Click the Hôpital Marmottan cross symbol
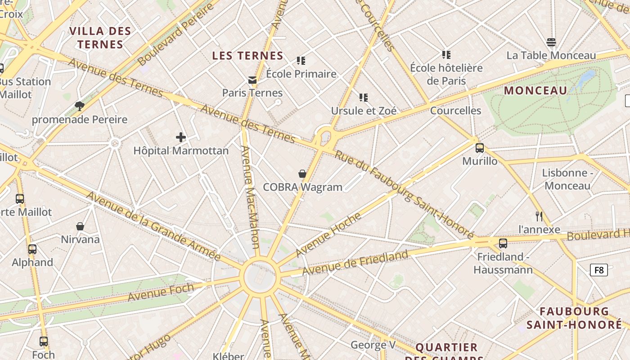[x=181, y=137]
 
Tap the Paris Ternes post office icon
[x=252, y=80]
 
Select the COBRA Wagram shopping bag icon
[x=302, y=174]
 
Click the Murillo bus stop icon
[x=480, y=148]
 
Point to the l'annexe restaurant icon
[x=539, y=216]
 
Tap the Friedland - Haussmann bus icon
[x=503, y=243]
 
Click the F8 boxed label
[x=599, y=270]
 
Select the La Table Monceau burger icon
[x=551, y=43]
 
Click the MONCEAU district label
[x=535, y=90]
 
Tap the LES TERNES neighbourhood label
[x=247, y=56]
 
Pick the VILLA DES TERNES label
[x=100, y=38]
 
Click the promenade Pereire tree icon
[x=80, y=106]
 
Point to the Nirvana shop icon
[x=80, y=226]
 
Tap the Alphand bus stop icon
[x=32, y=249]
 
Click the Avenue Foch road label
[x=161, y=292]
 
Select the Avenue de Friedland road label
[x=355, y=263]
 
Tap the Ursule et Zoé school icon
[x=364, y=98]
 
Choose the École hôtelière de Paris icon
[x=446, y=55]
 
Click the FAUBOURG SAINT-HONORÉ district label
[x=574, y=318]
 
